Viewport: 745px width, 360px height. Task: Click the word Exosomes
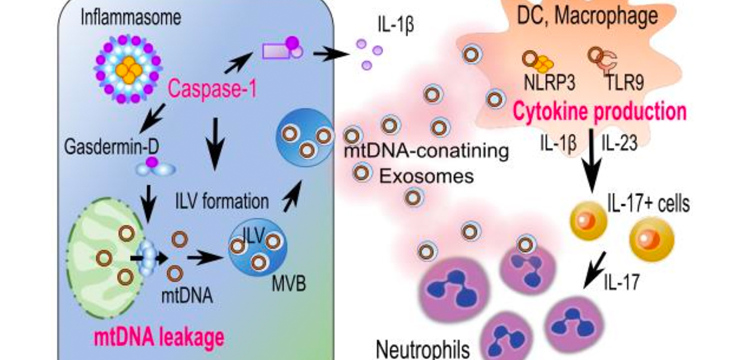click(427, 176)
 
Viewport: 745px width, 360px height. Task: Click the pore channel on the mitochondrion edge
click(148, 259)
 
